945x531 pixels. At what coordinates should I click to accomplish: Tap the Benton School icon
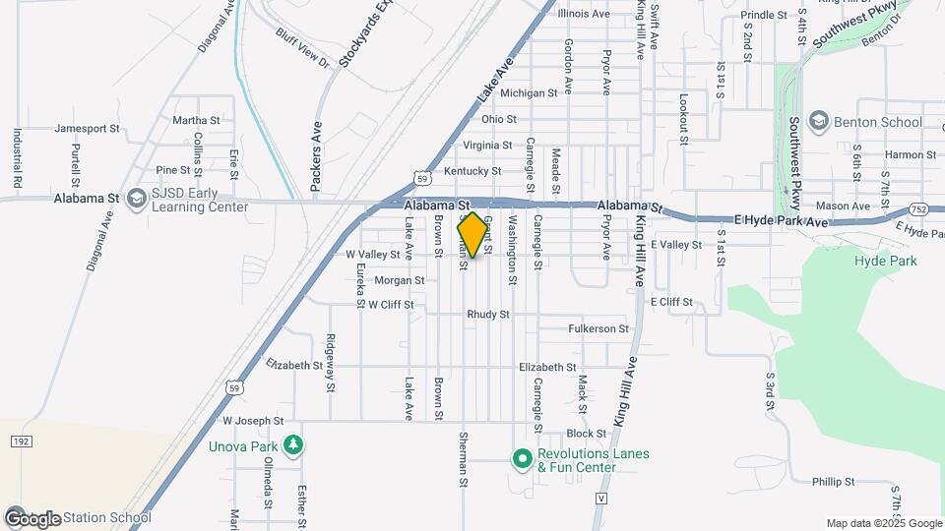click(x=818, y=122)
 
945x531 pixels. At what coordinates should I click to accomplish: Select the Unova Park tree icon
click(x=293, y=446)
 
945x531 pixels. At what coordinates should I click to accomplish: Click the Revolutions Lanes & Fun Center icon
click(x=523, y=459)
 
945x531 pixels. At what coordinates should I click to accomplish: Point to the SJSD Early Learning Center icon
click(x=136, y=200)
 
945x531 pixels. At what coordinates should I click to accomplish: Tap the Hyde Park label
click(x=885, y=261)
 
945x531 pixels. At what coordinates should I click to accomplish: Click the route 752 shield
click(x=916, y=209)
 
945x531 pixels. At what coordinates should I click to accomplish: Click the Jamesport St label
click(x=87, y=128)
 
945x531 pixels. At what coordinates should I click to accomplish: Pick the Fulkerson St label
click(x=598, y=328)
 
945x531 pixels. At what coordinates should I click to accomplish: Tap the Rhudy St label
click(x=488, y=315)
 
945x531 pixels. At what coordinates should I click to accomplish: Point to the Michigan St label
click(x=529, y=93)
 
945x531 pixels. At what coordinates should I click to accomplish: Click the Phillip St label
click(x=833, y=482)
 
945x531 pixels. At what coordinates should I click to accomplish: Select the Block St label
click(x=587, y=434)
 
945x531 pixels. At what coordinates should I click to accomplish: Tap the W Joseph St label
click(x=253, y=421)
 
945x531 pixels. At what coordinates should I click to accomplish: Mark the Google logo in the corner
click(x=32, y=518)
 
